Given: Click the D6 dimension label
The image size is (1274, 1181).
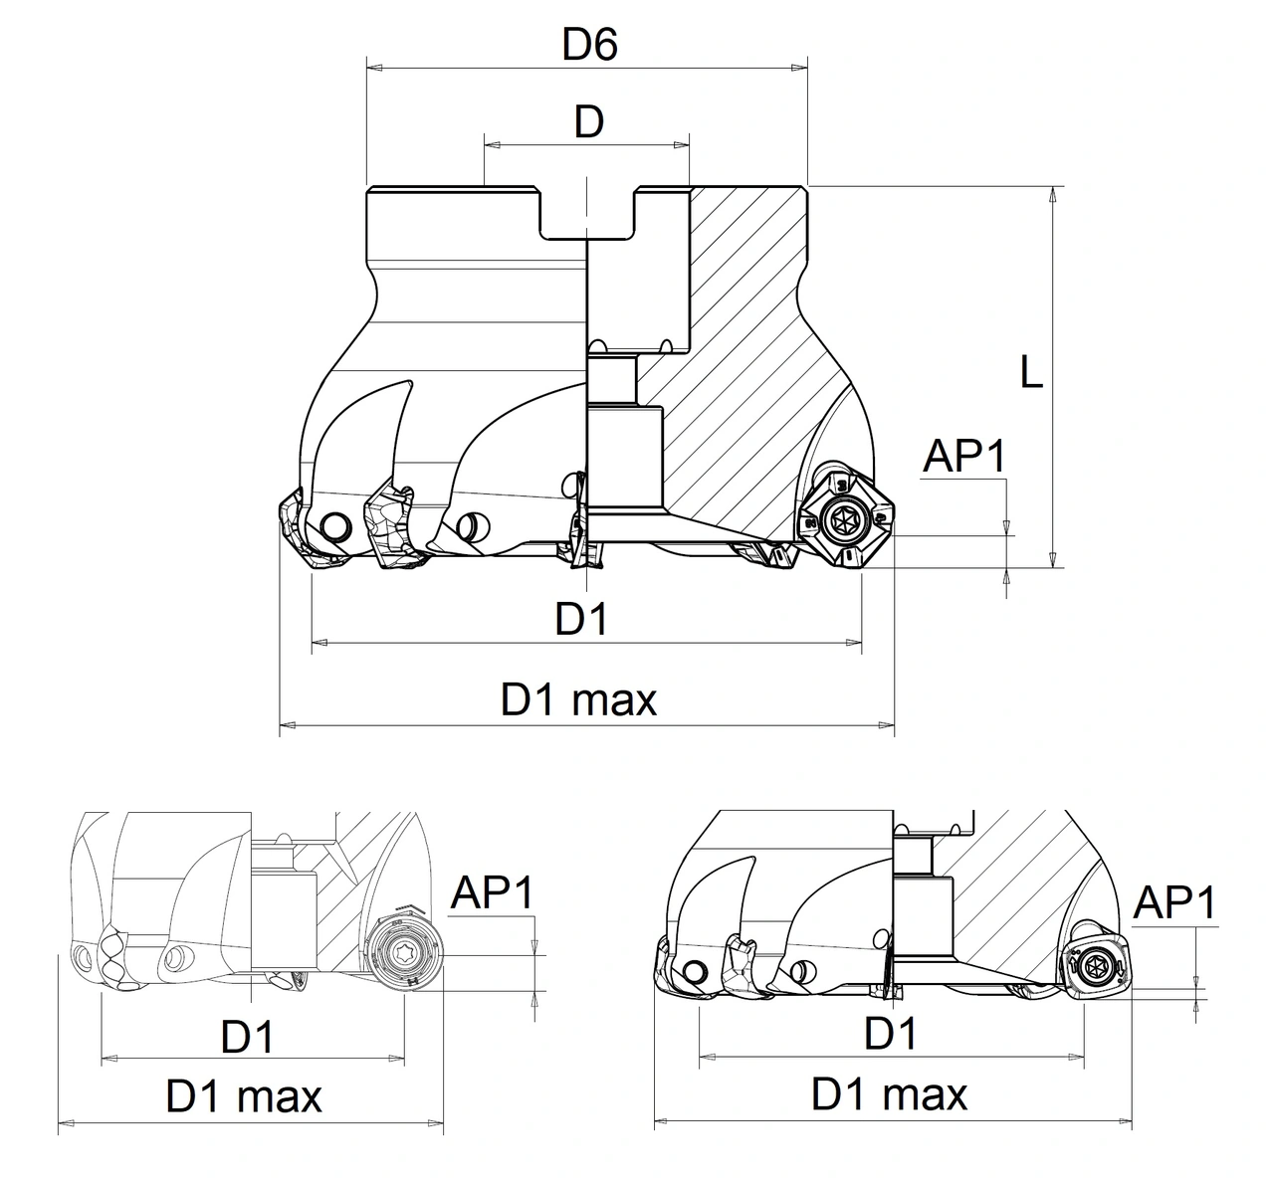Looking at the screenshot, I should [x=590, y=45].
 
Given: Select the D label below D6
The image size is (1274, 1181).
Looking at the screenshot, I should [x=589, y=121].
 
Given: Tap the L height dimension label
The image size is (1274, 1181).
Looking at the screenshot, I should [x=1032, y=373].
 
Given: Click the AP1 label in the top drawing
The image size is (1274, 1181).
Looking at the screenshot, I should [x=963, y=457].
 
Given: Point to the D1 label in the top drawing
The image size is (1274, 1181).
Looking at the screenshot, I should [x=580, y=618].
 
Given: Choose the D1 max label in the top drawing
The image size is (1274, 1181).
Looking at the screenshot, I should [x=578, y=699].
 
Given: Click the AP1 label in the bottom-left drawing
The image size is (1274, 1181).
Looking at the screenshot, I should [x=492, y=892].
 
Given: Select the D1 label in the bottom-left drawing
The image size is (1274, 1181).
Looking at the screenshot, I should [x=247, y=1038].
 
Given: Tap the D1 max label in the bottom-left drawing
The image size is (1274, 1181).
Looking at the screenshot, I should [x=244, y=1096].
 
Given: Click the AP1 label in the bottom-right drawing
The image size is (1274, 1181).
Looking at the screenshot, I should [x=1174, y=902].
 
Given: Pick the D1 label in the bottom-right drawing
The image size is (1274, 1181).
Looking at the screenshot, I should [x=890, y=1034].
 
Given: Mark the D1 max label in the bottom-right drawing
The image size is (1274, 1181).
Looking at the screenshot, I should [x=889, y=1094].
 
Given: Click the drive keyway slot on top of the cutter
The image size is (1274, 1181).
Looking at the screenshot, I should [x=588, y=213].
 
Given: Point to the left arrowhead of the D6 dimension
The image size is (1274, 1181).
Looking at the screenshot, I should [x=374, y=68].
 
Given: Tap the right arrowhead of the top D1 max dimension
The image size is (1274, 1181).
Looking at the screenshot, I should [x=888, y=723].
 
